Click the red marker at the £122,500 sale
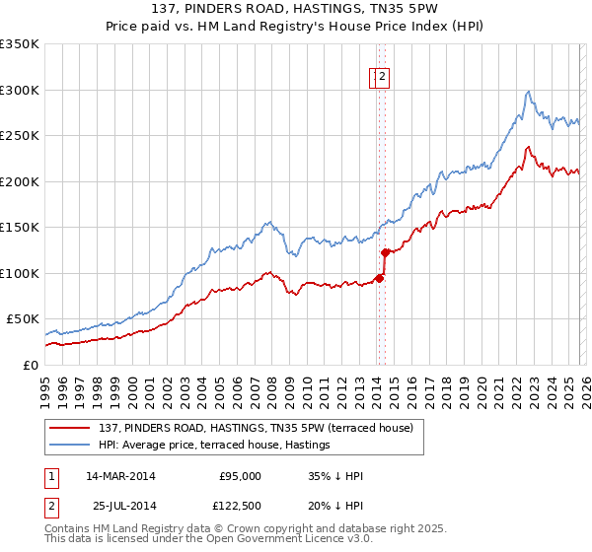385,252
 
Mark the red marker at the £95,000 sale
379,278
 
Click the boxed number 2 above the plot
382,77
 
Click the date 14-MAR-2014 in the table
121,476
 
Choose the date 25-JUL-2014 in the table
121,506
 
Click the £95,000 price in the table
239,476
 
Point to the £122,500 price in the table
239,506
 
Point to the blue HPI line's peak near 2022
529,92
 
